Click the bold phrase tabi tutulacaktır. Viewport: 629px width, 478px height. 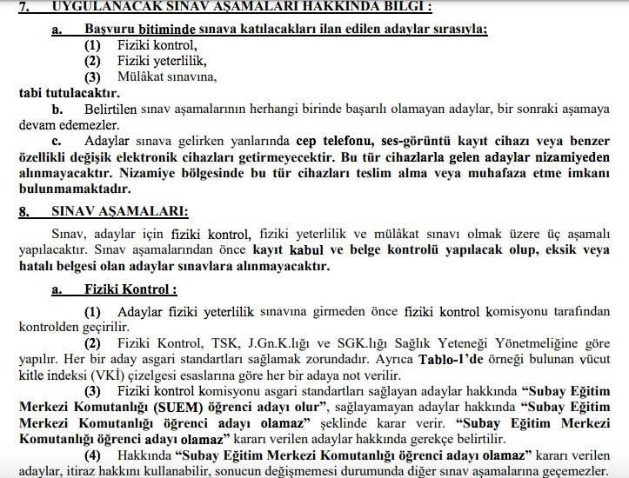coord(69,91)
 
